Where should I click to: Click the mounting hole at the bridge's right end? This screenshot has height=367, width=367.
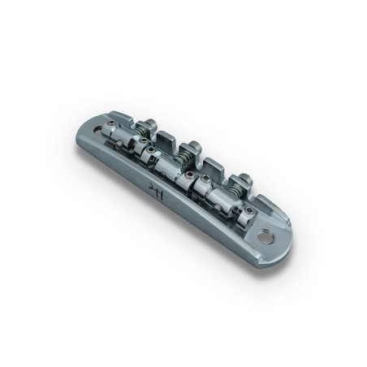point(267,237)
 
